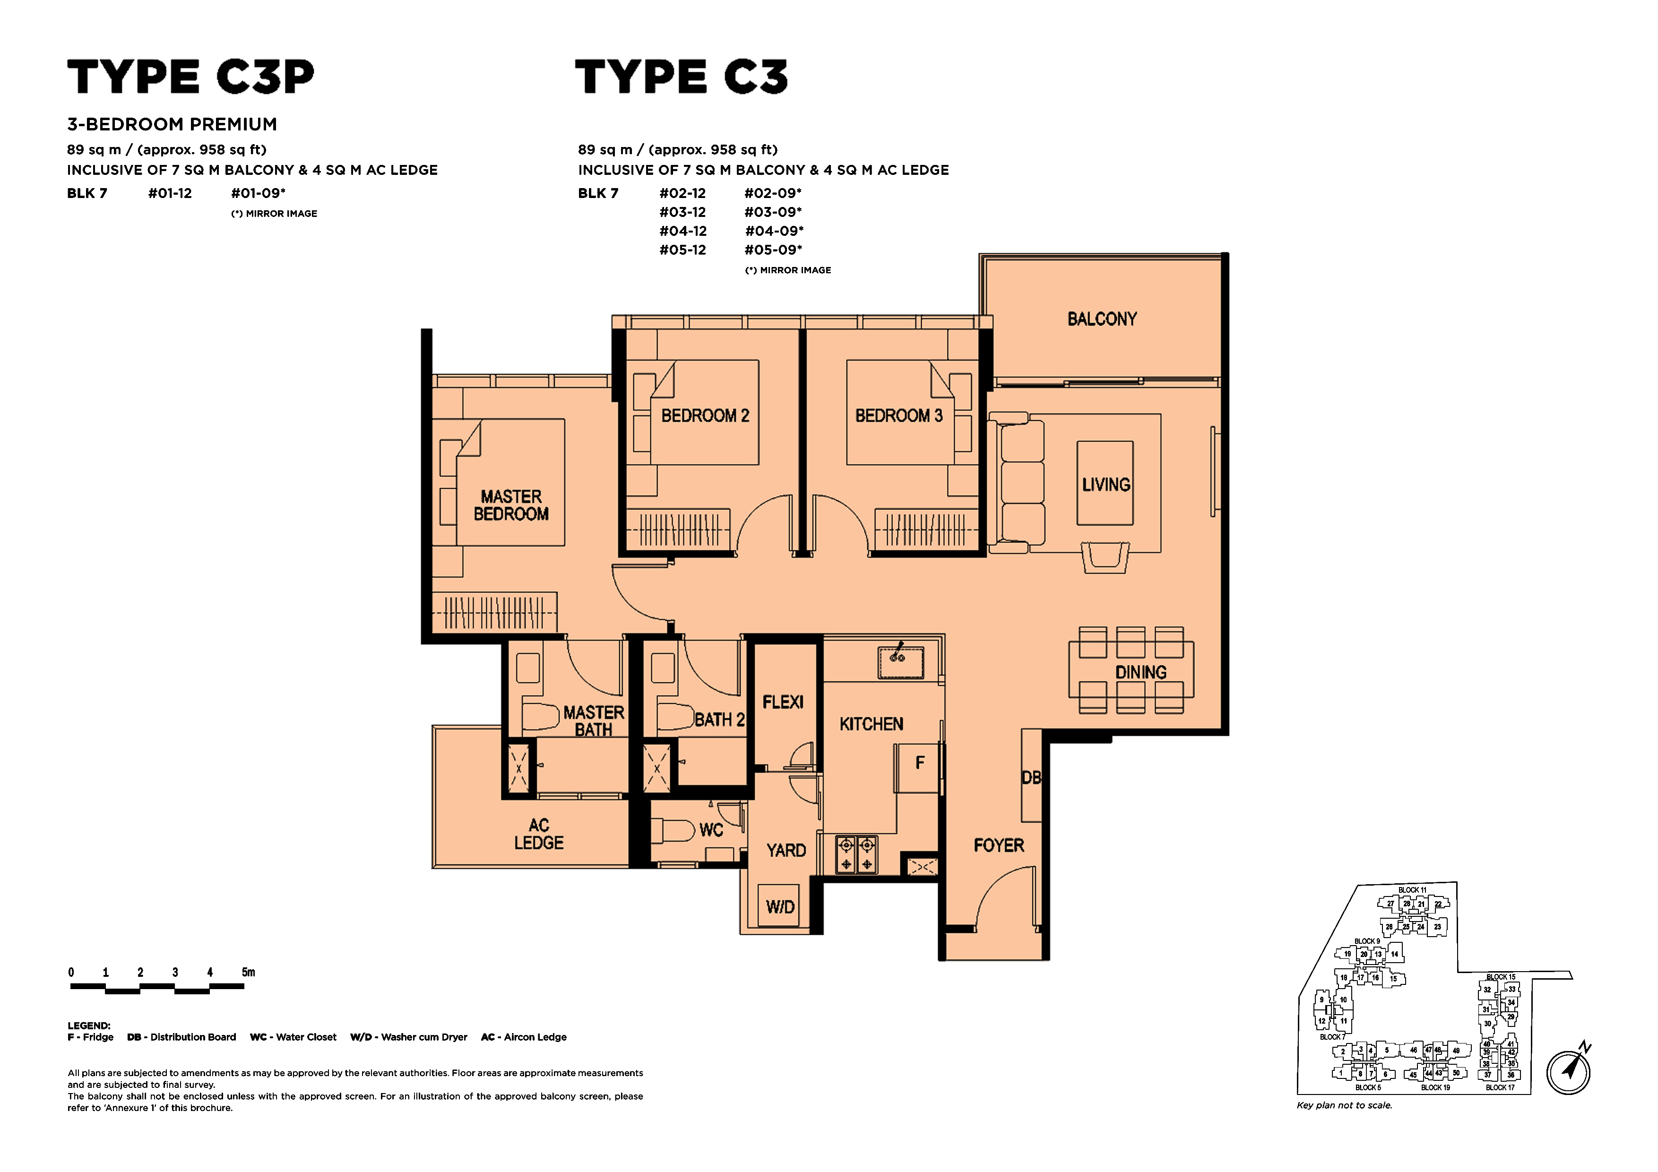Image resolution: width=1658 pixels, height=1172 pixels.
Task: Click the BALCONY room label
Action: [1102, 319]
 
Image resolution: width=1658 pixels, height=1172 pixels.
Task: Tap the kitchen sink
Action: [900, 662]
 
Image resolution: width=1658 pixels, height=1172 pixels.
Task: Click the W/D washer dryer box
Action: [780, 905]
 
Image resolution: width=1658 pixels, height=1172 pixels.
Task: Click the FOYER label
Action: [999, 845]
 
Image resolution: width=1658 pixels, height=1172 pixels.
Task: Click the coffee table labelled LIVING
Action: [1105, 483]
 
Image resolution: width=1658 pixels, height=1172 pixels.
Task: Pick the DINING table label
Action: [1141, 672]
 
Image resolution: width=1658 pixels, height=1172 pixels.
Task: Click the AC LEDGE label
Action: [539, 834]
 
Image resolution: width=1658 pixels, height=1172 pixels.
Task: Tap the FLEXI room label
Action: [783, 702]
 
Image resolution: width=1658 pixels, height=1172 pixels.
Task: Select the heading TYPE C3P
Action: [190, 77]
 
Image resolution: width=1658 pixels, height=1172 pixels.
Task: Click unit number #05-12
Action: [682, 250]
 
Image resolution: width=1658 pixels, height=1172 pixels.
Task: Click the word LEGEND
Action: [89, 1025]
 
